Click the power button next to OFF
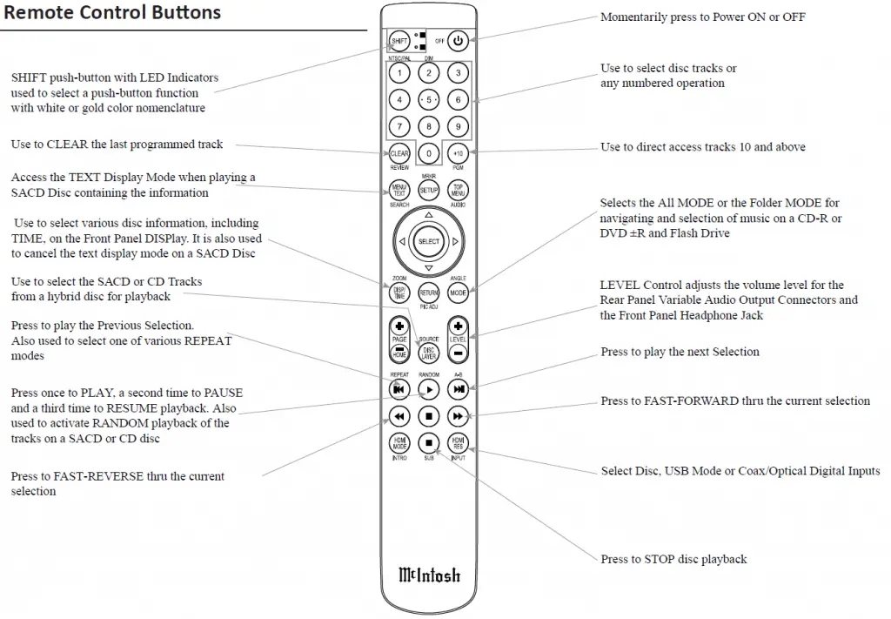pyautogui.click(x=459, y=40)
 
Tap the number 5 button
pyautogui.click(x=428, y=99)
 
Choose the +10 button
pyautogui.click(x=458, y=153)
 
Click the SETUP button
pyautogui.click(x=428, y=189)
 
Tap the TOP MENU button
pyautogui.click(x=458, y=189)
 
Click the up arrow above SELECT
pyautogui.click(x=428, y=214)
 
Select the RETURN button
pyautogui.click(x=428, y=293)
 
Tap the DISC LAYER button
pyautogui.click(x=428, y=353)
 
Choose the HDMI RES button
pyautogui.click(x=458, y=442)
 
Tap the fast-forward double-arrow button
pyautogui.click(x=458, y=415)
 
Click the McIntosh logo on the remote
pyautogui.click(x=429, y=575)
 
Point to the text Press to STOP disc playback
pyautogui.click(x=673, y=559)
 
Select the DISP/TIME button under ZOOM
pyautogui.click(x=399, y=293)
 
